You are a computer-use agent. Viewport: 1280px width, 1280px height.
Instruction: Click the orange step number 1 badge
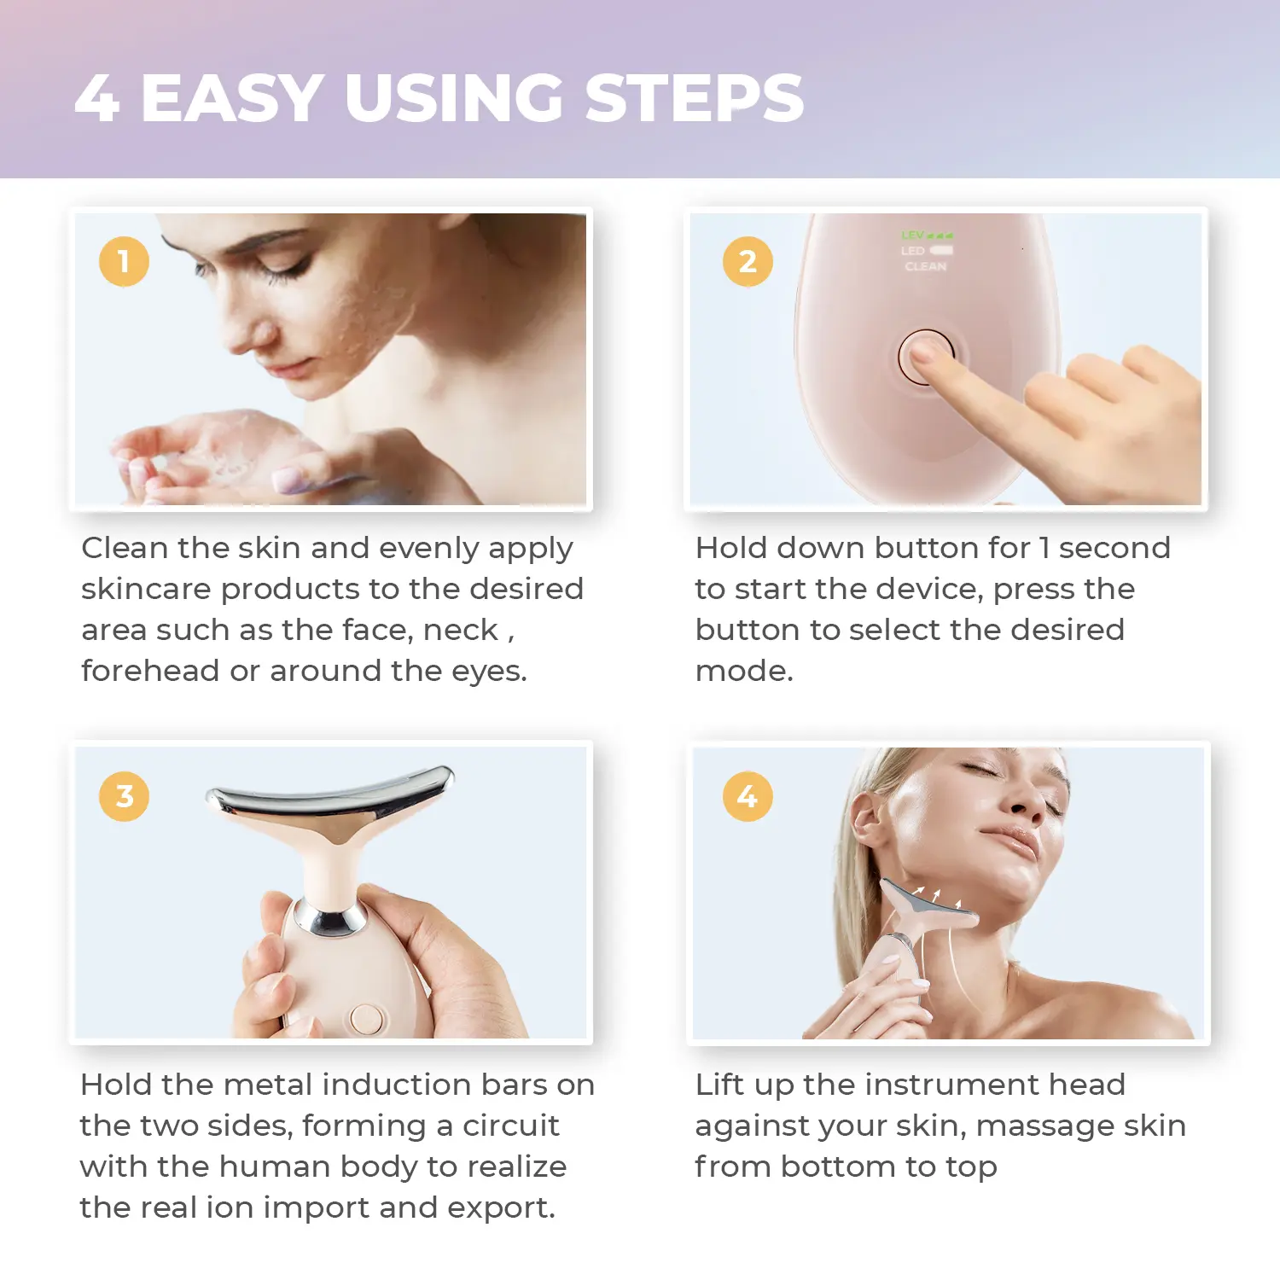pos(124,261)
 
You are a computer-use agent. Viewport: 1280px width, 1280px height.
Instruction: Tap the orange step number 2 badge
pos(748,261)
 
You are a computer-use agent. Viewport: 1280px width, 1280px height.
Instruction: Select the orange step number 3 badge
pos(124,796)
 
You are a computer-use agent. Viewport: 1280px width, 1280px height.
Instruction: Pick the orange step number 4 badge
pos(748,796)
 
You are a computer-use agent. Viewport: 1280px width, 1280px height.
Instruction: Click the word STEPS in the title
pos(695,97)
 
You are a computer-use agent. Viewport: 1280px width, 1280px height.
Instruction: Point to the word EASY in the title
pos(231,97)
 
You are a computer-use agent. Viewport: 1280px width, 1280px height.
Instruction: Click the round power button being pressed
pos(925,357)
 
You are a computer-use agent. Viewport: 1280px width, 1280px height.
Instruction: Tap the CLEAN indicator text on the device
pos(926,266)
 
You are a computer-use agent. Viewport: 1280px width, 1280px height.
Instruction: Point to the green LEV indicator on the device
pos(927,235)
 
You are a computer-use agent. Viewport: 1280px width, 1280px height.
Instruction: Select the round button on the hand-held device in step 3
pos(367,1018)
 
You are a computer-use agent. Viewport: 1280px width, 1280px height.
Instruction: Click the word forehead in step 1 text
pos(150,671)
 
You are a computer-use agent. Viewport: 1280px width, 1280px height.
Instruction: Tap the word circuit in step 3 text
pos(510,1126)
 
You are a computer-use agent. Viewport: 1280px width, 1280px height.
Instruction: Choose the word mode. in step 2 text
pos(744,671)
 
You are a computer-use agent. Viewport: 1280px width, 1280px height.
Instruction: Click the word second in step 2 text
pos(1114,548)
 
